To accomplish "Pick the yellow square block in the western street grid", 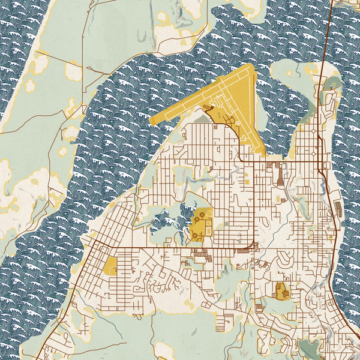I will click(112, 266).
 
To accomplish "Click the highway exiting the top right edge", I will click(329, 12).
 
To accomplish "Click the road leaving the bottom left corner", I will click(42, 354).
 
